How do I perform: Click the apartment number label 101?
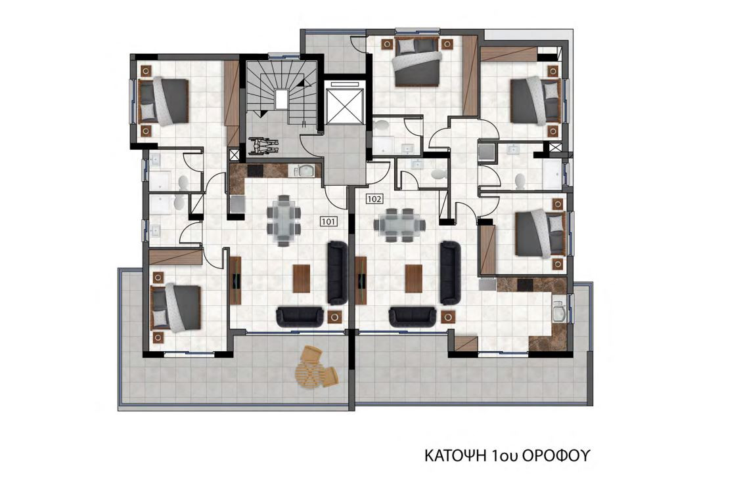click(328, 221)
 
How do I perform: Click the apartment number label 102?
click(374, 199)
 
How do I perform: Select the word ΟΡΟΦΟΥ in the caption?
click(557, 456)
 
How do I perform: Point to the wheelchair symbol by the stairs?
click(263, 144)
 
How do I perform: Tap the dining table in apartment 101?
click(283, 220)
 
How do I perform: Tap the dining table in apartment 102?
click(399, 225)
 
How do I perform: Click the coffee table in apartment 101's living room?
click(302, 278)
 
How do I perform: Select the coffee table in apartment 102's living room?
click(413, 278)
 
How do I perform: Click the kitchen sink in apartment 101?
click(304, 170)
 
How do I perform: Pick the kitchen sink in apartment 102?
click(558, 312)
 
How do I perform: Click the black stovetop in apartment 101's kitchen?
click(255, 170)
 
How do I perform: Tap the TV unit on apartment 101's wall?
click(235, 280)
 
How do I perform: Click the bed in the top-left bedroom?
click(163, 102)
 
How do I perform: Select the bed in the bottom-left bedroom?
click(175, 308)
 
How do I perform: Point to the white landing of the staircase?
click(281, 99)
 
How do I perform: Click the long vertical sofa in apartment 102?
click(450, 273)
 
